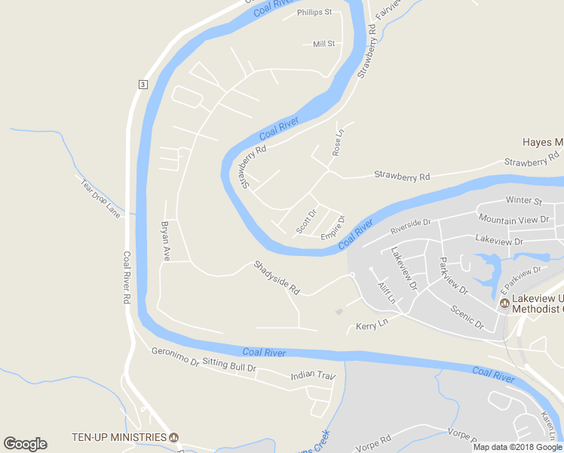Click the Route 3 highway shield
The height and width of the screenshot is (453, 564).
(x=142, y=84)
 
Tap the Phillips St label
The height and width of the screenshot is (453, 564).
(x=314, y=12)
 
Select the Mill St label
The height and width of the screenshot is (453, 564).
(x=323, y=44)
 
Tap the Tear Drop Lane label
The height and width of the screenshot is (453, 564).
(x=100, y=197)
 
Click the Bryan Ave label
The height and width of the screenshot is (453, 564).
(x=166, y=241)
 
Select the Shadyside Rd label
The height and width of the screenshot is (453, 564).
(x=277, y=277)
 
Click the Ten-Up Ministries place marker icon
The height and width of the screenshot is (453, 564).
(x=174, y=437)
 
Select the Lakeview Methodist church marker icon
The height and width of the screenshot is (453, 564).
(x=504, y=303)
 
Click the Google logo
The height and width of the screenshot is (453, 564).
(x=25, y=444)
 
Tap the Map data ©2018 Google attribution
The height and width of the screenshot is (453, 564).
(x=516, y=447)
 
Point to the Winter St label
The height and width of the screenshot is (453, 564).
(x=524, y=201)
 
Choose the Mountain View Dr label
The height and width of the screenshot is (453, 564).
(x=513, y=219)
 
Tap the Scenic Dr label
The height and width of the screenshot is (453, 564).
(x=467, y=317)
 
